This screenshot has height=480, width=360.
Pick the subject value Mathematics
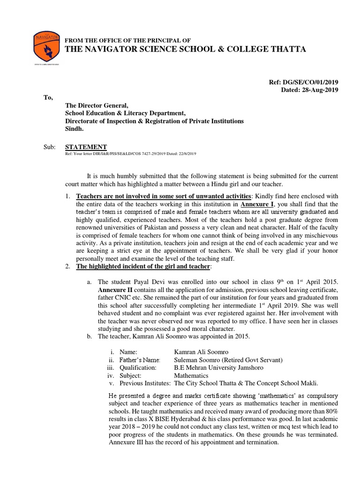tap(191, 375)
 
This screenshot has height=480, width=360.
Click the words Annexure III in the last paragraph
tap(128, 443)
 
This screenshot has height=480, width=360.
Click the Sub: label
tap(49, 147)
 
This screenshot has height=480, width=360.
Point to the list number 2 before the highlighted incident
tap(68, 267)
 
